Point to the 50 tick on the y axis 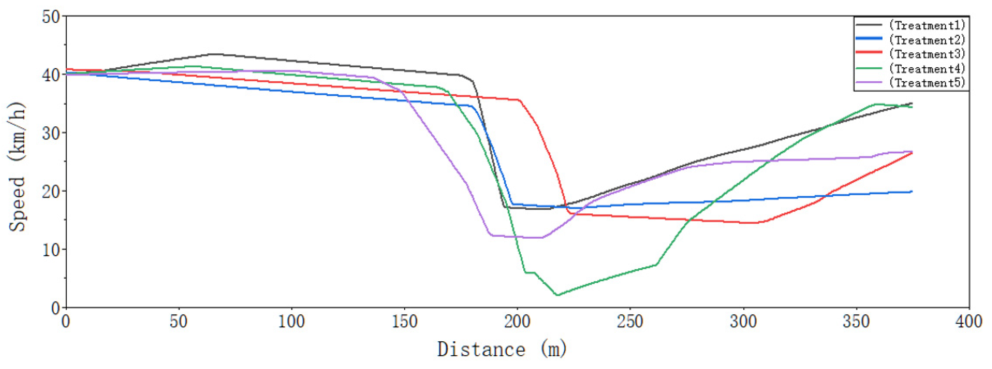point(51,17)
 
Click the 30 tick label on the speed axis point(51,133)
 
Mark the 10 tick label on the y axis point(51,250)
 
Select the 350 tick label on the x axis point(856,321)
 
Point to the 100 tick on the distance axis point(292,321)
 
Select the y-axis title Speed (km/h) point(17,166)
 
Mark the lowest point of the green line point(557,295)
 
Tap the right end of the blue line point(911,191)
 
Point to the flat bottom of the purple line point(516,237)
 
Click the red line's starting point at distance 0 point(67,69)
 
